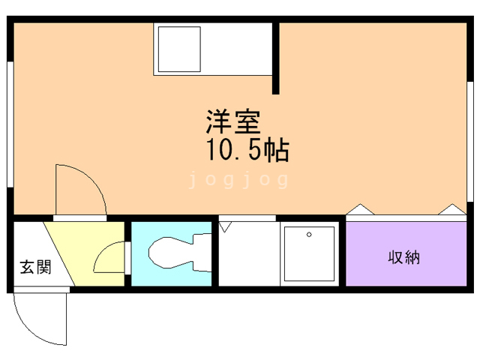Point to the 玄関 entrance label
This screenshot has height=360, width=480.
click(34, 266)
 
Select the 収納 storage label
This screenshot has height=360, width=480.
click(403, 258)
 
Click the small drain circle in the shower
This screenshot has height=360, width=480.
click(309, 234)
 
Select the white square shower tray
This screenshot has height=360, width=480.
click(308, 253)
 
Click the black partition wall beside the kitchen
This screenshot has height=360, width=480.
click(276, 58)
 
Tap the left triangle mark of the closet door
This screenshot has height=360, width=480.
click(358, 211)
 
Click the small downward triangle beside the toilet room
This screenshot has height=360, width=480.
click(226, 224)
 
